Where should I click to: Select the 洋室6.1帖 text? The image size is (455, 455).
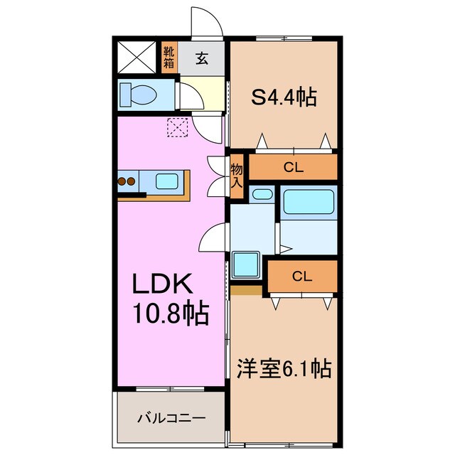point(283,369)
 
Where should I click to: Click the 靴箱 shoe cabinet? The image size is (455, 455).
point(168,57)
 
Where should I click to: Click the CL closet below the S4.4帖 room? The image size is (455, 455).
point(292,168)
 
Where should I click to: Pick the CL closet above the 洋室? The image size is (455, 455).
point(301,276)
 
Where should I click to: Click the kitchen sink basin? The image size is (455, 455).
point(166,181)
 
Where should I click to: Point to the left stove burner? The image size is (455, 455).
point(122,181)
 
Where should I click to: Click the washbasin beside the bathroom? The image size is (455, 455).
point(262,193)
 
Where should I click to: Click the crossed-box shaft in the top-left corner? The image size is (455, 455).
point(136,57)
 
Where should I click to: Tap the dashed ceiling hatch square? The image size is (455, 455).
point(176,127)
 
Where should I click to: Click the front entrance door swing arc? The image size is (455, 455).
point(207,21)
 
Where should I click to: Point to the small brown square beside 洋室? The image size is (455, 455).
point(246,290)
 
